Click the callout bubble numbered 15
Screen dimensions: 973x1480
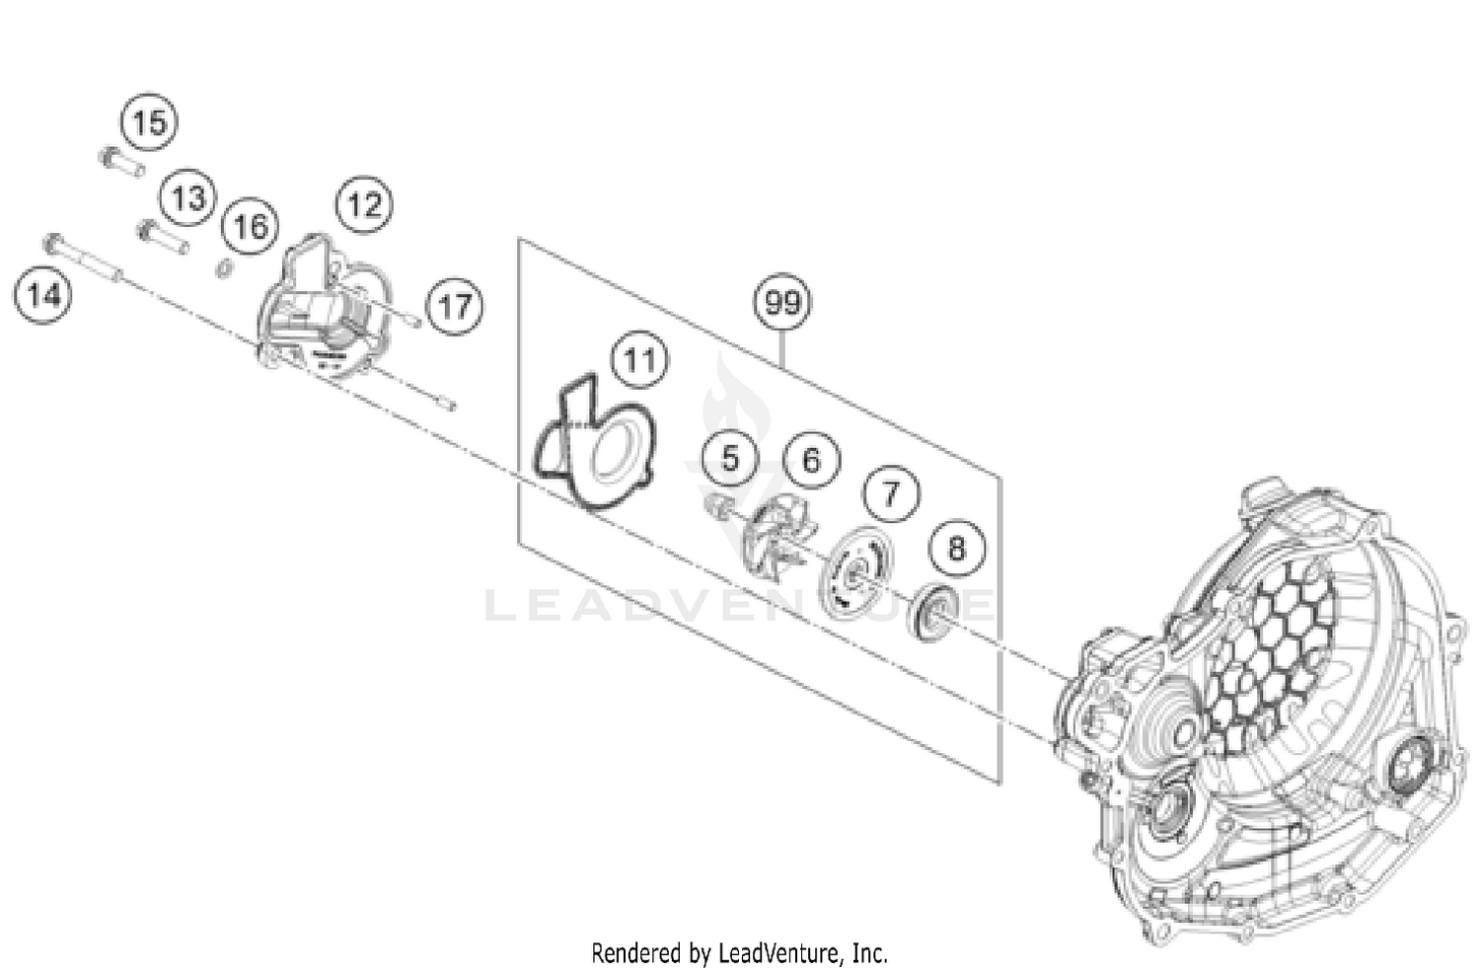[149, 123]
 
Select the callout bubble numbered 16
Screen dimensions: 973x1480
[250, 227]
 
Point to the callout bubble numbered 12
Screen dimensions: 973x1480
[364, 204]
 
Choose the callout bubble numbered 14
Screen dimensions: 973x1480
[43, 294]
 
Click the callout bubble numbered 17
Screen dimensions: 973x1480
[455, 306]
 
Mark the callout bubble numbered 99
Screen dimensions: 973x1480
[782, 302]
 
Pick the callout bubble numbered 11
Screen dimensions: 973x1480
[639, 360]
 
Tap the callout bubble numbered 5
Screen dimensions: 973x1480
[729, 458]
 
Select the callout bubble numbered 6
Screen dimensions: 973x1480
[811, 459]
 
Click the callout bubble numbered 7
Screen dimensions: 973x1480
[891, 492]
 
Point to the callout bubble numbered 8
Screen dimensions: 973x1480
[956, 547]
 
